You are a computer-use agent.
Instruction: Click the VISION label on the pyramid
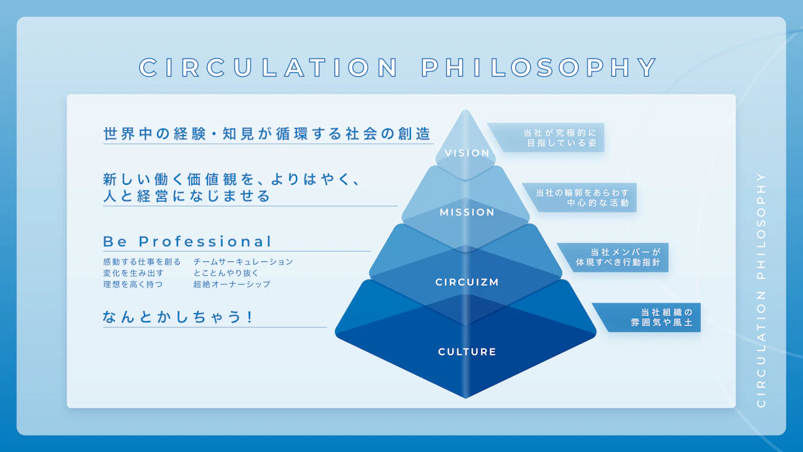pos(467,153)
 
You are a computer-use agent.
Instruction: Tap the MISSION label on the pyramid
pos(467,212)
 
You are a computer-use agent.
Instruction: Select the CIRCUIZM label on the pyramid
pos(467,282)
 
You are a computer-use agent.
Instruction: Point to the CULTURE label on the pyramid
pos(467,352)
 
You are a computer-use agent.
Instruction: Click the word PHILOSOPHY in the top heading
pos(539,67)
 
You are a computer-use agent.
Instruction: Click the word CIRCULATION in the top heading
pos(268,67)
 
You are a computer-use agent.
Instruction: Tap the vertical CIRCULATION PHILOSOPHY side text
pos(760,290)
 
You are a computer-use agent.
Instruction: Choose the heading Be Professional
pos(187,242)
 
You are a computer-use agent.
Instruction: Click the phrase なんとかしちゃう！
pos(178,317)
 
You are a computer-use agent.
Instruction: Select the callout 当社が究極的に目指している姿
pos(560,138)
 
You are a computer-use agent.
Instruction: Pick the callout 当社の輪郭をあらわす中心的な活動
pos(582,198)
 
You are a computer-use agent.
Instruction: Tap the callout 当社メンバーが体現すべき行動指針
pos(618,257)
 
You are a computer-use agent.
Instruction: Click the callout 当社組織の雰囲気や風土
pos(662,318)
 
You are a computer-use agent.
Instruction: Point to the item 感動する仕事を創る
pos(142,262)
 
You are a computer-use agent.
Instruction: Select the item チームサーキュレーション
pos(243,262)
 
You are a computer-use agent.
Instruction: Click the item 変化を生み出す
pos(134,273)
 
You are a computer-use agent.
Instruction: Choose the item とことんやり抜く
pos(226,273)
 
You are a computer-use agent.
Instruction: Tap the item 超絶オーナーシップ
pos(232,284)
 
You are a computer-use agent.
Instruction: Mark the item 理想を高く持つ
pos(133,284)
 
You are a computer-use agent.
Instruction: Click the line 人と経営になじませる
pos(187,196)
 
